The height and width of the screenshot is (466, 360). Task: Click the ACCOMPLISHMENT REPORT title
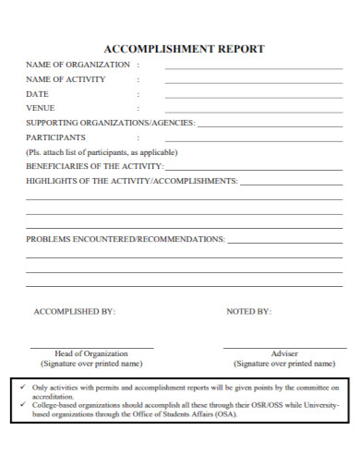[x=184, y=49]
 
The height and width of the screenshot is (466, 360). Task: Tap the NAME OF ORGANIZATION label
[x=78, y=65]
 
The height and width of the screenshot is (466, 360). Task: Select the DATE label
[x=37, y=94]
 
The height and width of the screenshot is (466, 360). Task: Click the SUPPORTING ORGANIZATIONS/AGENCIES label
[x=110, y=123]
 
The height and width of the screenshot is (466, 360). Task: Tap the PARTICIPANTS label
[x=62, y=137]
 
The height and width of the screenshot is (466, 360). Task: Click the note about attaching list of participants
[x=102, y=151]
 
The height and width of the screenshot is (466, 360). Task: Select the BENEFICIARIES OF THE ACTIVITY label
[x=94, y=166]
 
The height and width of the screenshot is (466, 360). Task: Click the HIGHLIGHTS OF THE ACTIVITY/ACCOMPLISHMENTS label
[x=132, y=181]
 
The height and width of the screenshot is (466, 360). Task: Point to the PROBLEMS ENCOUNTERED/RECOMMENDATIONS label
[x=126, y=239]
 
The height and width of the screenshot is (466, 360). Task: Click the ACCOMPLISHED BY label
[x=75, y=312]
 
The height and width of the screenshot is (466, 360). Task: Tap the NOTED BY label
[x=249, y=312]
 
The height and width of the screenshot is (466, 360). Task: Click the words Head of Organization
[x=91, y=353]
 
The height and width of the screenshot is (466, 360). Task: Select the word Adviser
[x=284, y=353]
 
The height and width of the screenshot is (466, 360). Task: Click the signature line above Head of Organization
[x=91, y=347]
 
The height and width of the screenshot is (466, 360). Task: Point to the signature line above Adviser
[x=284, y=347]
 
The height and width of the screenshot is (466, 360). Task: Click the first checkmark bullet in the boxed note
[x=22, y=387]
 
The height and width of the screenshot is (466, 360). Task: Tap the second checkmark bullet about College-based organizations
[x=22, y=405]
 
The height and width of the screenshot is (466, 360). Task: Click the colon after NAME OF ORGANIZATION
[x=138, y=65]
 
